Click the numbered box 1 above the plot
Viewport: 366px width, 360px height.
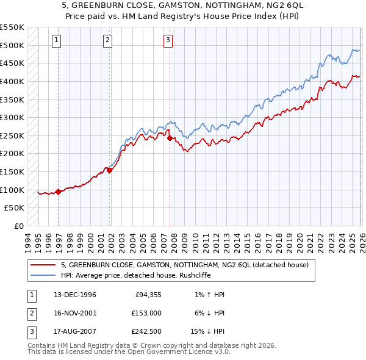tap(56, 41)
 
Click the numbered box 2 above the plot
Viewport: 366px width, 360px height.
tap(107, 41)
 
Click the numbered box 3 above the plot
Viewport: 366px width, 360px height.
tap(168, 41)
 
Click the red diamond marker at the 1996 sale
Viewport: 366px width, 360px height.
tap(59, 192)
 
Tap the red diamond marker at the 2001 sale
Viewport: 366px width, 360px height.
tap(110, 171)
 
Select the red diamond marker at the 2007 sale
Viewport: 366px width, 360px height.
tap(170, 139)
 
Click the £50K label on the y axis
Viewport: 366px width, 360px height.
tap(15, 208)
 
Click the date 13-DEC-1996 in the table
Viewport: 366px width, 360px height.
tap(75, 295)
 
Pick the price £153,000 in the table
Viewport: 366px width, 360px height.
tap(146, 313)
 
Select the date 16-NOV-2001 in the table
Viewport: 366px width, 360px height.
tap(75, 313)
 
